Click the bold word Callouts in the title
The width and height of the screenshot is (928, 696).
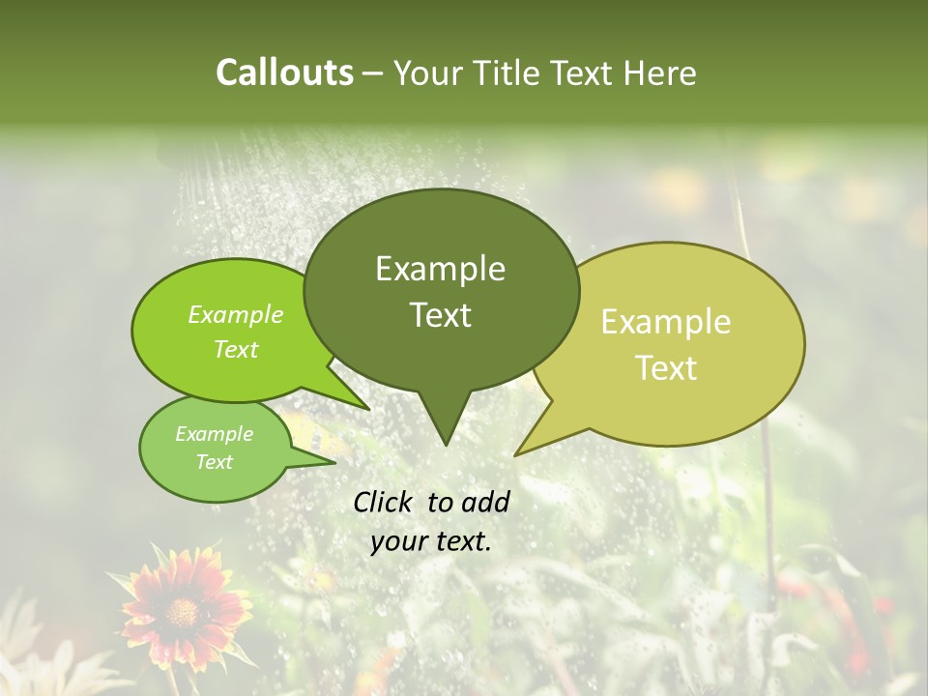coord(284,72)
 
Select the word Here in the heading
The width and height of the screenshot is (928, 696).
coord(660,72)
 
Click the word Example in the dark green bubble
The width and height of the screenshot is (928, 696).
coord(440,269)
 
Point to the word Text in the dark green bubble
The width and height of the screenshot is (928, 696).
coord(440,315)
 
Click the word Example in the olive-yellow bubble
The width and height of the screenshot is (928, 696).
coord(666,322)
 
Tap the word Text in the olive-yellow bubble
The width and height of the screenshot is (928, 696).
coord(666,368)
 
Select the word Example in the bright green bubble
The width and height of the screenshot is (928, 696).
coord(236,315)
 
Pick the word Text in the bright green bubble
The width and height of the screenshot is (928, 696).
coord(236,349)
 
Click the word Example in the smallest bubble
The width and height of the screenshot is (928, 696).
coord(214,434)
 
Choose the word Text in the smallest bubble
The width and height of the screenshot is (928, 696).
coord(214,462)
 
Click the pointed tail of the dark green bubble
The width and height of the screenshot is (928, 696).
coord(445,440)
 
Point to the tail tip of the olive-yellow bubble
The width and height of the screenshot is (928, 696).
coord(517,453)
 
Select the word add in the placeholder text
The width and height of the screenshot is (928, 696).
coord(484,502)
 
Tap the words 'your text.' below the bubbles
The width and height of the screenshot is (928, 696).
coord(431,542)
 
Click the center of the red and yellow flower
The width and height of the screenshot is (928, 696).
coord(182,611)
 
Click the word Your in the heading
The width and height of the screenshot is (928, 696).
coord(429,72)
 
